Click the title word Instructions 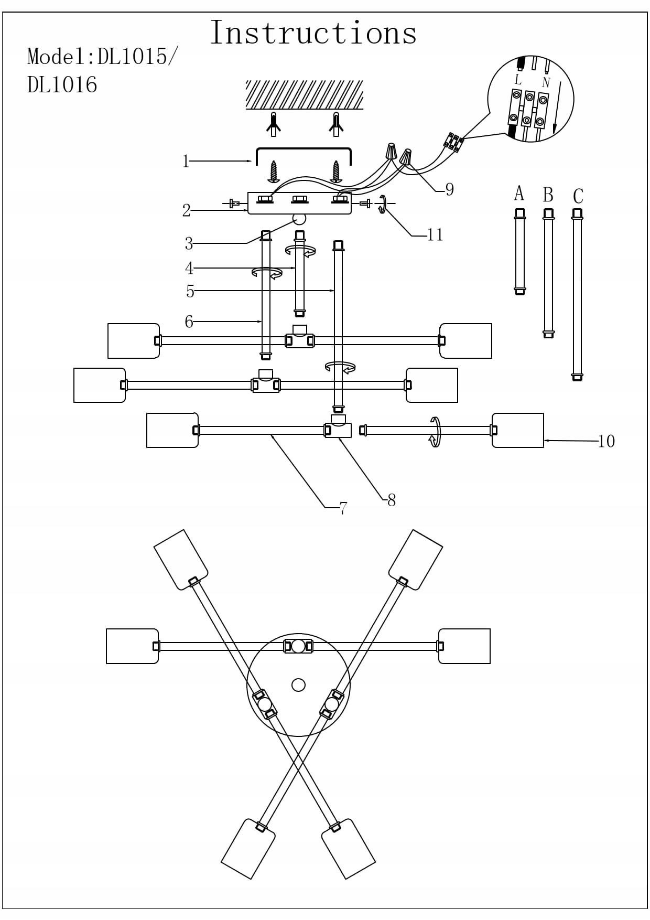coord(313,33)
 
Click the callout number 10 coord(606,441)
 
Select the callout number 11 coord(435,234)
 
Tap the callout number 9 coord(449,189)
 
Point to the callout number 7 coord(343,508)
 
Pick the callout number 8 coord(392,500)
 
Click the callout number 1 coord(185,161)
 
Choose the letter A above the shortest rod coord(519,194)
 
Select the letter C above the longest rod coord(578,196)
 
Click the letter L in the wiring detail coord(518,80)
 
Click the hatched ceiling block coord(305,94)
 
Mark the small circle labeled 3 coord(299,219)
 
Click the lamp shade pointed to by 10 coord(518,430)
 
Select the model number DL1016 coord(62,85)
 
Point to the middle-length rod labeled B coord(548,273)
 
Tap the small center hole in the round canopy coord(298,684)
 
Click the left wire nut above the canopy coord(391,151)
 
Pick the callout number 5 coord(190,291)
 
